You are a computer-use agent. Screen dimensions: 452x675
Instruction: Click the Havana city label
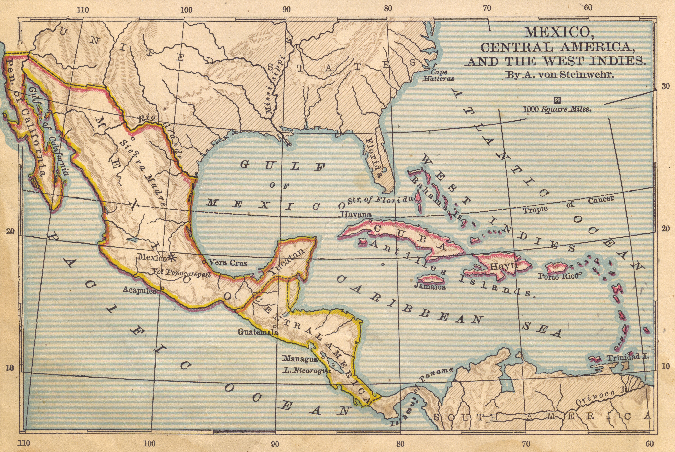point(356,214)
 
